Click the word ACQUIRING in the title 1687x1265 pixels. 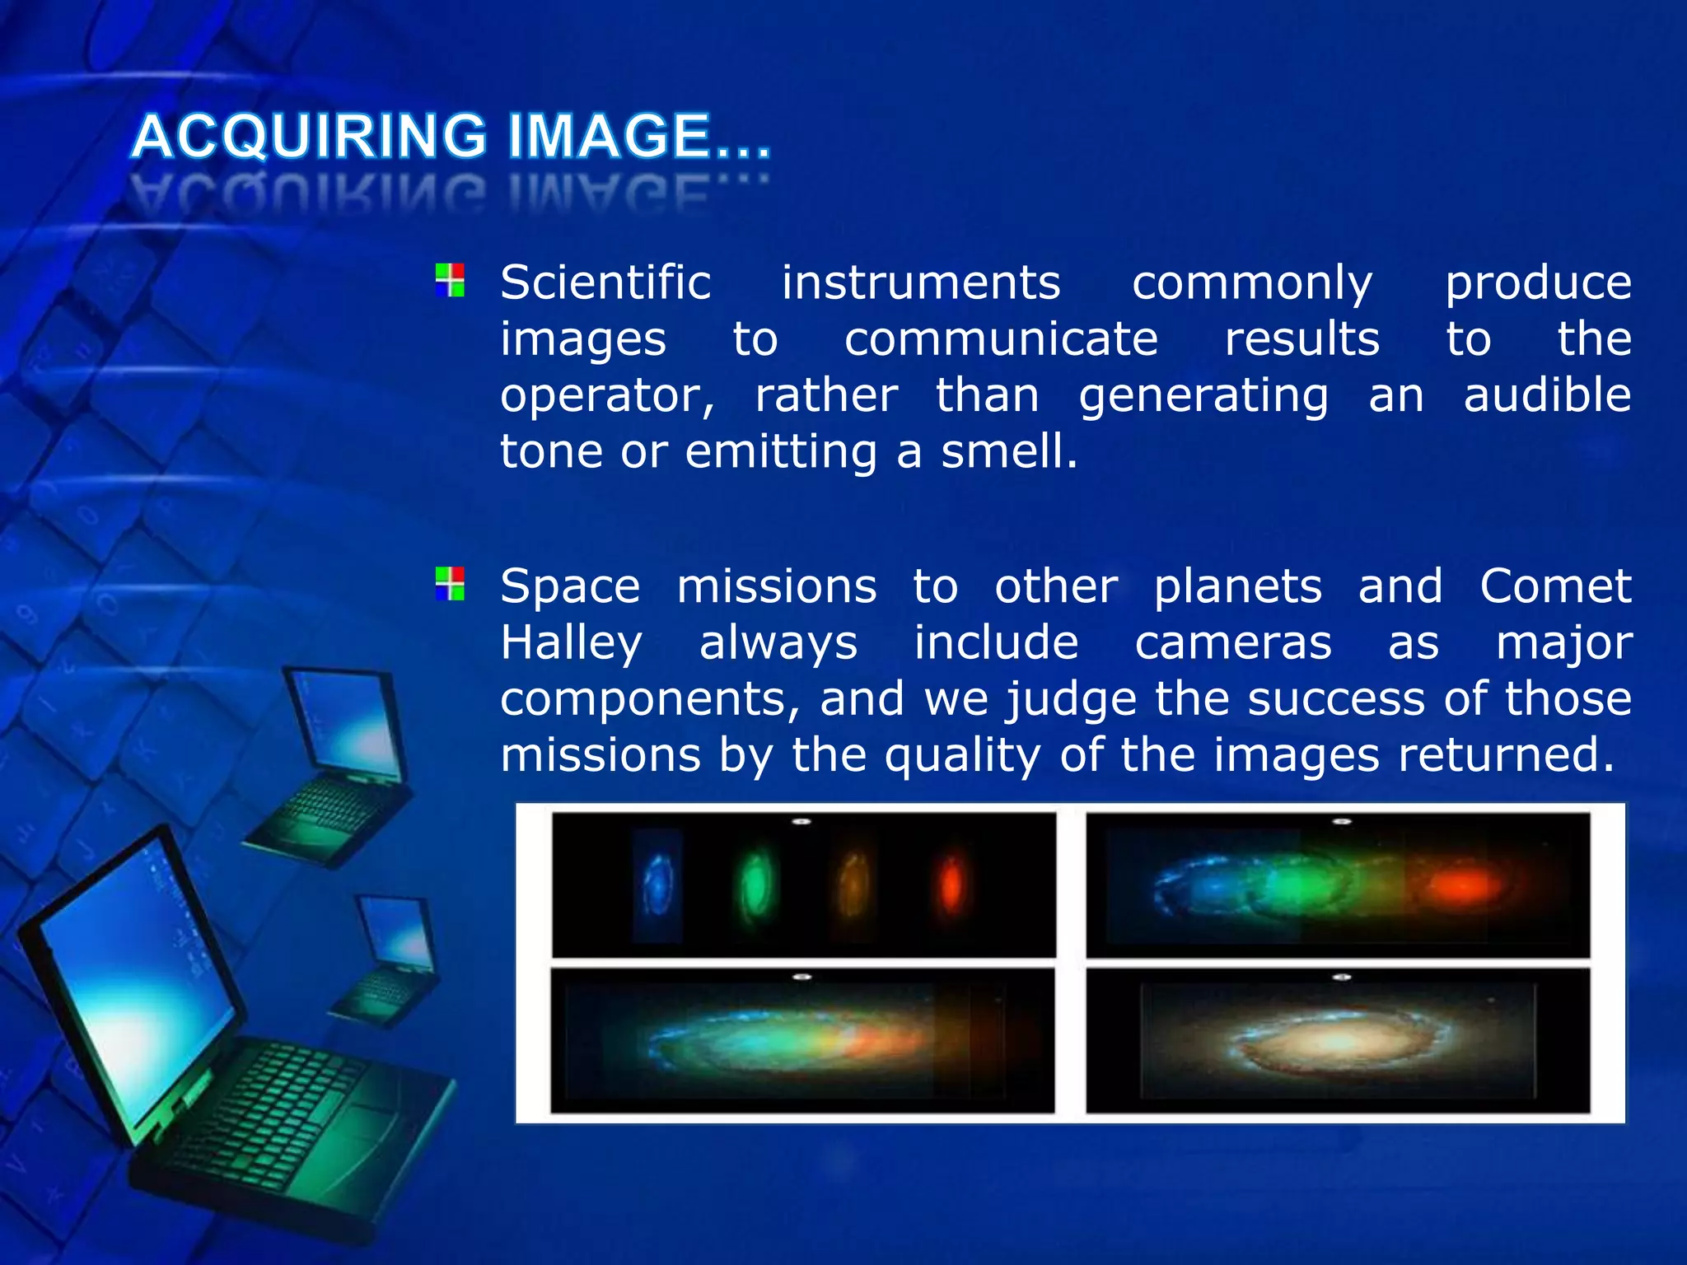click(310, 137)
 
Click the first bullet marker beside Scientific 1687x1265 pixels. click(450, 280)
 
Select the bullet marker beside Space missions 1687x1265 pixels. click(450, 583)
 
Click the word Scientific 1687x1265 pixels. click(605, 283)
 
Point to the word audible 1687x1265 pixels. click(1547, 395)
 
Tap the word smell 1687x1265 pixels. click(1008, 452)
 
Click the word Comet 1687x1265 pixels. click(1555, 587)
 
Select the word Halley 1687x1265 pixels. click(571, 643)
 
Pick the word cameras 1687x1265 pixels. click(1232, 643)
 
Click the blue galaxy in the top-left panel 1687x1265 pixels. click(658, 885)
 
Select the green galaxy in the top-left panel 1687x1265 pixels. click(755, 885)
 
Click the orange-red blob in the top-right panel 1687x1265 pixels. click(1465, 886)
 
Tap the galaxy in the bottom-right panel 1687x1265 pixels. click(1336, 1042)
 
